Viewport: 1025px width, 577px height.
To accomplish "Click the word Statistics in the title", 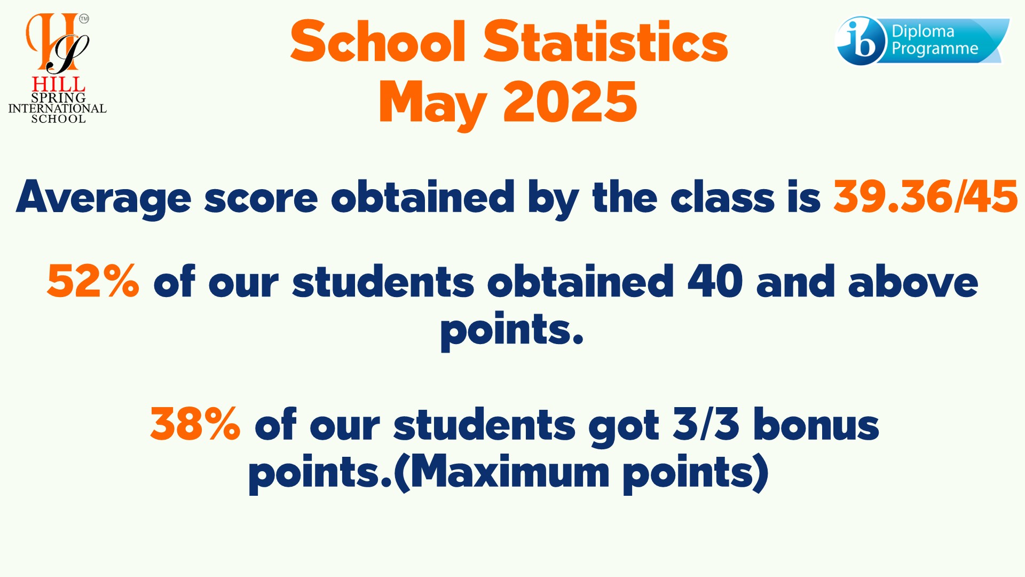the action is (x=605, y=41).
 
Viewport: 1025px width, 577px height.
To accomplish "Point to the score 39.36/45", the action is (x=926, y=197).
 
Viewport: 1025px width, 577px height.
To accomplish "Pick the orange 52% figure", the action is (x=93, y=282).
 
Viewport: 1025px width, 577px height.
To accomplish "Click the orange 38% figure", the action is (x=195, y=424).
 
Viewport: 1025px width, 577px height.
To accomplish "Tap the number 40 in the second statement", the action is (x=715, y=281).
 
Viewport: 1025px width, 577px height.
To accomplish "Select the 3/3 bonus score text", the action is (x=706, y=424).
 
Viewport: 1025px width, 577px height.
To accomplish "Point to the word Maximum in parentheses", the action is (x=510, y=472).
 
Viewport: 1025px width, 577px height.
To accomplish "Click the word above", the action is (x=913, y=281).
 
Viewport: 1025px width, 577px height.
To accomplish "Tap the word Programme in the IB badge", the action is (x=935, y=49).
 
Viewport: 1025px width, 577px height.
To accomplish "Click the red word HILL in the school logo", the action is (x=59, y=84).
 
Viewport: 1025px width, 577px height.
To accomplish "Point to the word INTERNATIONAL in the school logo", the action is (x=58, y=108).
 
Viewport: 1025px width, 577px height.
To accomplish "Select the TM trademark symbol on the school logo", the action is (x=84, y=19).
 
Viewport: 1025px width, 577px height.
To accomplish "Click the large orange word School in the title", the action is (x=378, y=41).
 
